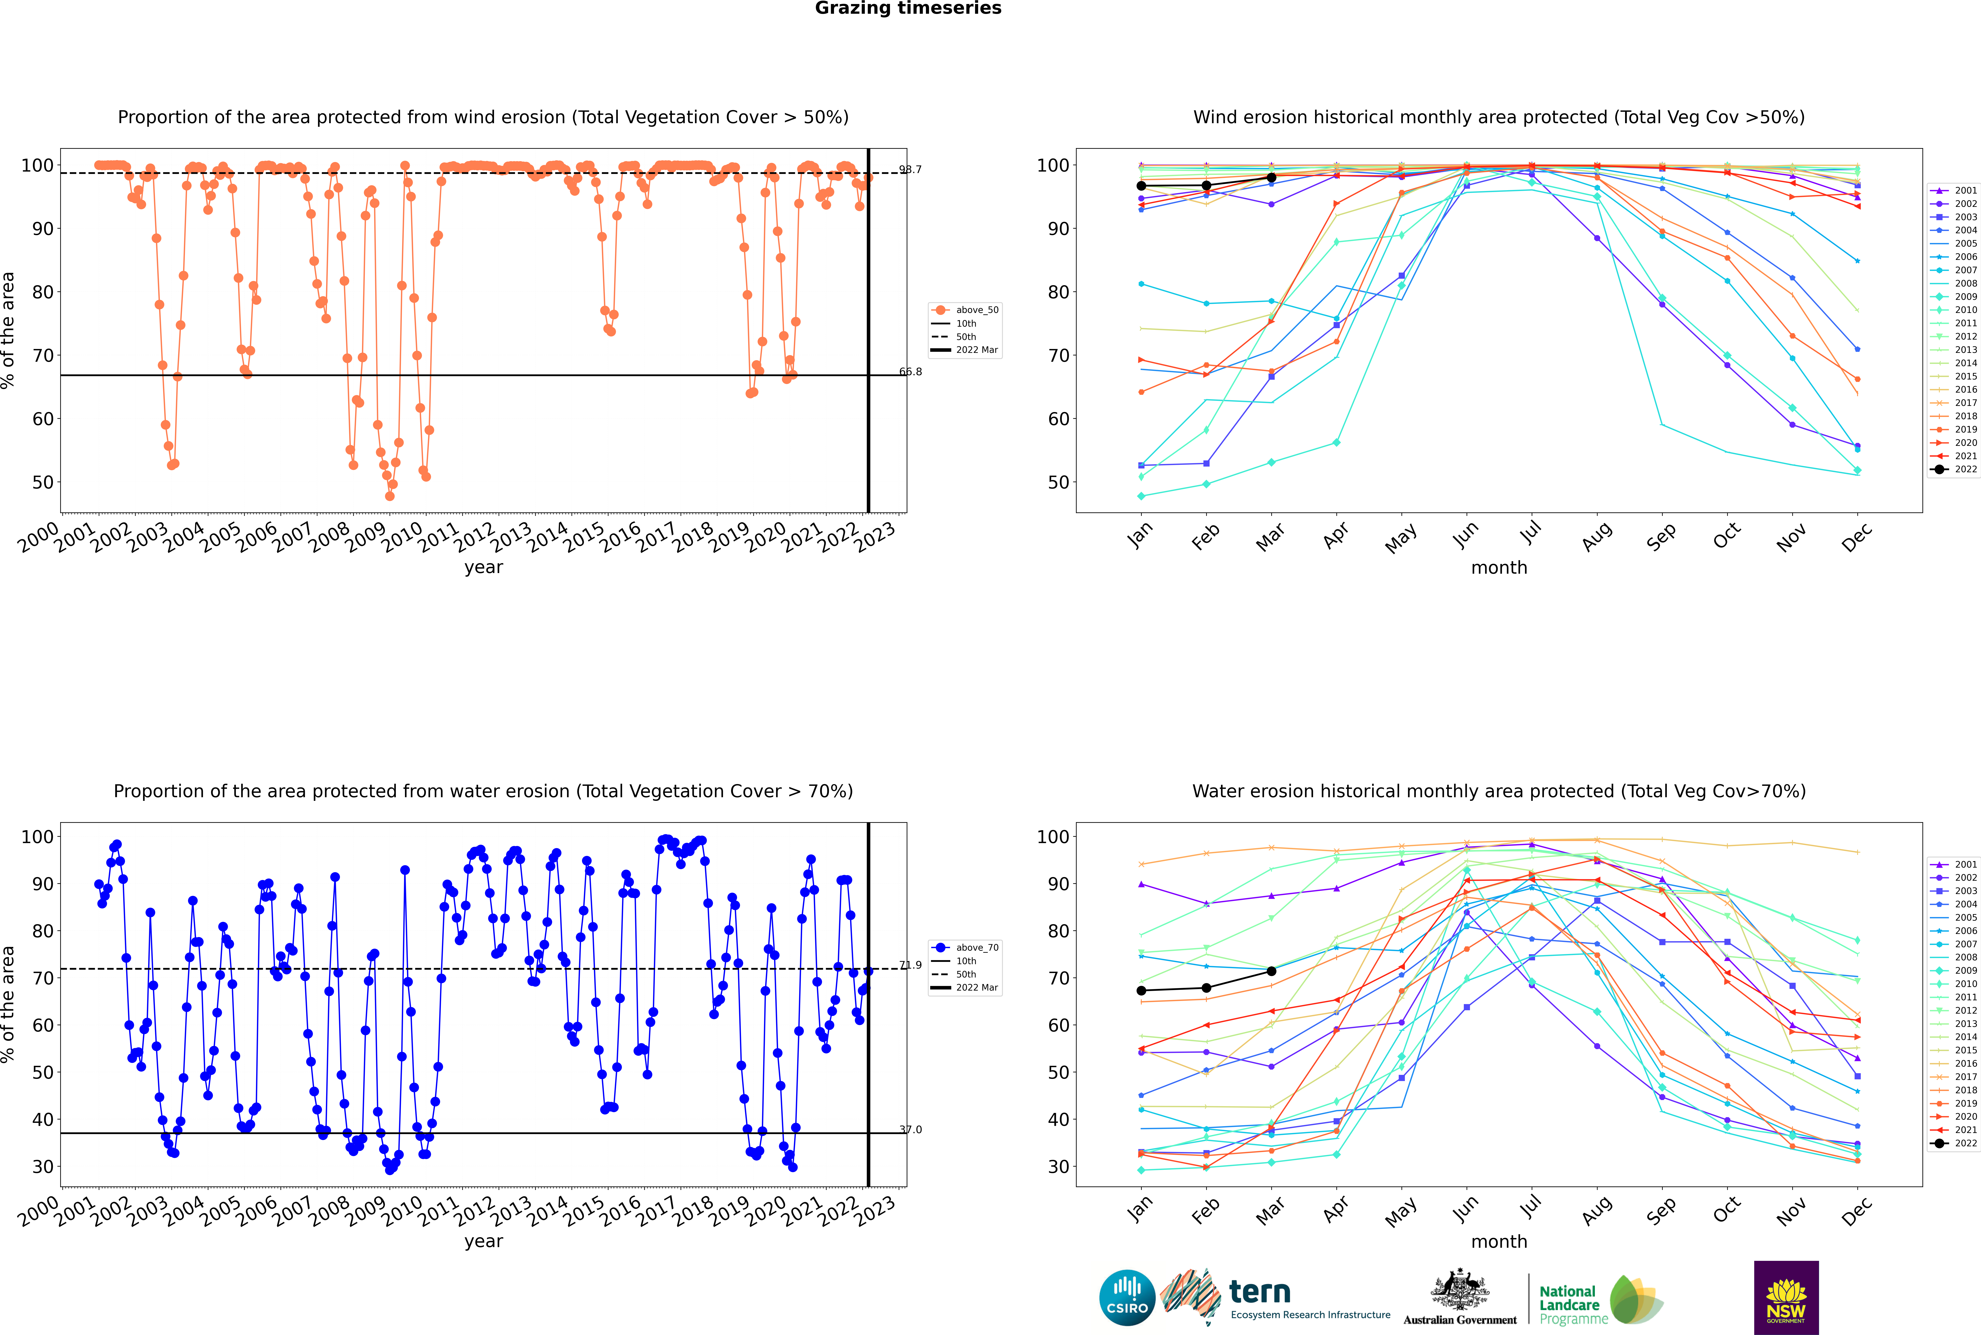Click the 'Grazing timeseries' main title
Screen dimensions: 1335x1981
pos(908,8)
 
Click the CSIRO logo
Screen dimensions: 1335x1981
pos(1127,1298)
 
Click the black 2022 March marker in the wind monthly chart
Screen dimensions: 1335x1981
pos(1271,177)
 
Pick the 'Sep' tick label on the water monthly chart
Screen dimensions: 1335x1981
pos(1661,1210)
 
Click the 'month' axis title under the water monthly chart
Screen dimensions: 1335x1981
pos(1499,1241)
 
